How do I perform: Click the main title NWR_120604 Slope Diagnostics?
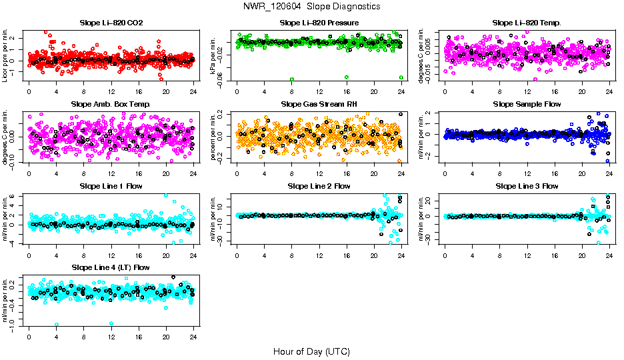click(x=312, y=6)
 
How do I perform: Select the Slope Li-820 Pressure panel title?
click(x=319, y=23)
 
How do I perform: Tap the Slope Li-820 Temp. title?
click(x=527, y=23)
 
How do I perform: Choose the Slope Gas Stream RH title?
click(x=319, y=104)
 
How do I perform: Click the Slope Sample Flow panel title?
click(x=527, y=104)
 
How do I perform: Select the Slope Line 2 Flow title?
click(x=319, y=186)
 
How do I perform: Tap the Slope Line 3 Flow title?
click(x=527, y=186)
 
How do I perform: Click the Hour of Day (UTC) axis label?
click(x=311, y=351)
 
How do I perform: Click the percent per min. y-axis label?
click(x=214, y=137)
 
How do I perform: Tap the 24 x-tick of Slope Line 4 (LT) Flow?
click(x=193, y=336)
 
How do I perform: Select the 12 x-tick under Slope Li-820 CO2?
click(x=111, y=91)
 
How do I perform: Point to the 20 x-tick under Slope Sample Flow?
click(x=582, y=173)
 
